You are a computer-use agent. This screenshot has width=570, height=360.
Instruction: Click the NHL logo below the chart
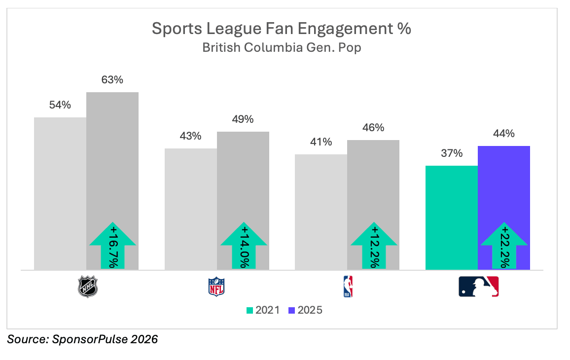[88, 287]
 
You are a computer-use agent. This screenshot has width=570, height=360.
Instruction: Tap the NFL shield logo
[216, 287]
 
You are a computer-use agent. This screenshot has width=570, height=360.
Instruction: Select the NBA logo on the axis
[348, 287]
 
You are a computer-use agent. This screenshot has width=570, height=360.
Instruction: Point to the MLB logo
[478, 287]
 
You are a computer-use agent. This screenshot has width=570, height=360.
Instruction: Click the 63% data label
[112, 79]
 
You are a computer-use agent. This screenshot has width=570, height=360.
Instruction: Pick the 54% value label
[60, 105]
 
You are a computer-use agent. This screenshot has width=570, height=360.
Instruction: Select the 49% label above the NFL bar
[243, 119]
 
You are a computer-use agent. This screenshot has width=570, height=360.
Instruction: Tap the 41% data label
[321, 142]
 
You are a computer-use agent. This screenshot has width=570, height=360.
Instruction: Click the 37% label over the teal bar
[451, 153]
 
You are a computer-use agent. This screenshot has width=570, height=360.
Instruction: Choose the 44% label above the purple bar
[503, 134]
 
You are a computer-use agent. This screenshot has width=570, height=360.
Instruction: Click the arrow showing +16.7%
[113, 245]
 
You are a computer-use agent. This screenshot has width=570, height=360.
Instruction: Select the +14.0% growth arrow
[243, 245]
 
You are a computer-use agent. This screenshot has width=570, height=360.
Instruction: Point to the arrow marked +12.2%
[374, 245]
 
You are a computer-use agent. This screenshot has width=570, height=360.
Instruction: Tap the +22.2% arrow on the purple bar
[504, 245]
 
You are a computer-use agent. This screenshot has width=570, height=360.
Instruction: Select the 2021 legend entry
[263, 310]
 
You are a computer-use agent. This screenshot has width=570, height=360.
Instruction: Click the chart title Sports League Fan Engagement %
[281, 29]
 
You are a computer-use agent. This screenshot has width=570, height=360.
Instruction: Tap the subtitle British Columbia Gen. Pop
[281, 48]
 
